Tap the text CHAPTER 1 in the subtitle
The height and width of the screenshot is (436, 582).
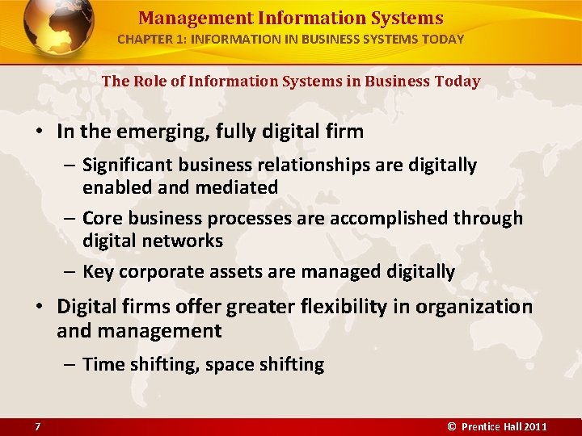(148, 39)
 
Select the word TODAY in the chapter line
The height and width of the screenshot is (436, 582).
(442, 39)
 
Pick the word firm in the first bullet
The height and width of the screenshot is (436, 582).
(344, 131)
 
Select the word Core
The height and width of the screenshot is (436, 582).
(102, 218)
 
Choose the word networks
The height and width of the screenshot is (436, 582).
(183, 241)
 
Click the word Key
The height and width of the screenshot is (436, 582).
(99, 271)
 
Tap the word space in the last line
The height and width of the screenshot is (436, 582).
(229, 364)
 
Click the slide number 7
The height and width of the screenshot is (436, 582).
(37, 426)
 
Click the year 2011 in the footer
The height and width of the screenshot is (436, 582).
(534, 426)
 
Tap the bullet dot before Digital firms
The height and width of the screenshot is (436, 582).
(40, 308)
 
